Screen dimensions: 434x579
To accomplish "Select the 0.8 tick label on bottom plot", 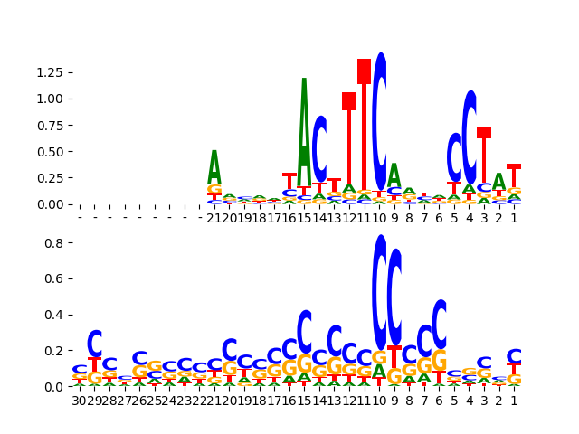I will [54, 243].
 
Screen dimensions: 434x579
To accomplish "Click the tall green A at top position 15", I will [304, 118].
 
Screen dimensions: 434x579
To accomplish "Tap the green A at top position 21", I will [214, 167].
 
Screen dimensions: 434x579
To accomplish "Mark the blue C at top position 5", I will [455, 157].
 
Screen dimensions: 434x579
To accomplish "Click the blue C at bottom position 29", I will [95, 344].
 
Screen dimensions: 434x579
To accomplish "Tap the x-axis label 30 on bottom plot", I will [80, 401].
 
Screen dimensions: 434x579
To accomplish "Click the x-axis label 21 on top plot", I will [214, 218].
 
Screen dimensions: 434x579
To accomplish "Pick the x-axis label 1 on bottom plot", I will [514, 401].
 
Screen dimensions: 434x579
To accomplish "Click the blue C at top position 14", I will [319, 149].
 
